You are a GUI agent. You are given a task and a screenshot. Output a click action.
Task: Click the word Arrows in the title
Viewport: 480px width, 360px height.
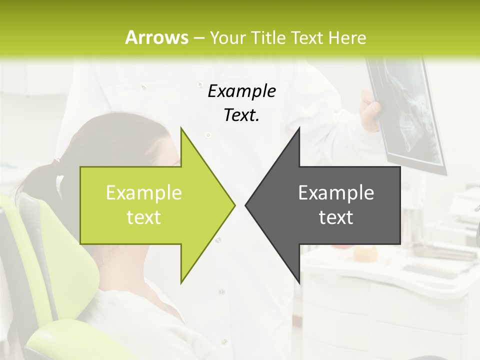(x=156, y=37)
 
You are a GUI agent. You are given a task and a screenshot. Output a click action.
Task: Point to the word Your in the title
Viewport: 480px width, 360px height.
(x=227, y=37)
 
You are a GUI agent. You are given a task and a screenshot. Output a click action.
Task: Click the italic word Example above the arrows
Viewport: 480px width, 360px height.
(x=242, y=91)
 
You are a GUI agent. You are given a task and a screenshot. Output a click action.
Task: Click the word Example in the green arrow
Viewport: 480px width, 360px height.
(x=144, y=193)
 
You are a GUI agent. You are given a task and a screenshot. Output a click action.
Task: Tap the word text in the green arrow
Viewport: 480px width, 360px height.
(x=144, y=217)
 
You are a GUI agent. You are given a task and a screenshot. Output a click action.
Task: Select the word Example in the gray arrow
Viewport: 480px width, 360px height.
(x=336, y=193)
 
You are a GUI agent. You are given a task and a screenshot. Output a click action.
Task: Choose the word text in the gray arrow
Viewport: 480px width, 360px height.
(x=336, y=217)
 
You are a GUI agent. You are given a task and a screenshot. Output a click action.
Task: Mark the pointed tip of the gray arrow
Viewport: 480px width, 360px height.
(x=246, y=205)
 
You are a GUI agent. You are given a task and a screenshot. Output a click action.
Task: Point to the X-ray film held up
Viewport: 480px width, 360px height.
(x=407, y=115)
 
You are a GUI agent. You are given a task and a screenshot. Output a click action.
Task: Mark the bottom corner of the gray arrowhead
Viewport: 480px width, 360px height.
(x=299, y=282)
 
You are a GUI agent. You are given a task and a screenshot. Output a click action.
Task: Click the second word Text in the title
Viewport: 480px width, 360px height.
(x=307, y=37)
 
